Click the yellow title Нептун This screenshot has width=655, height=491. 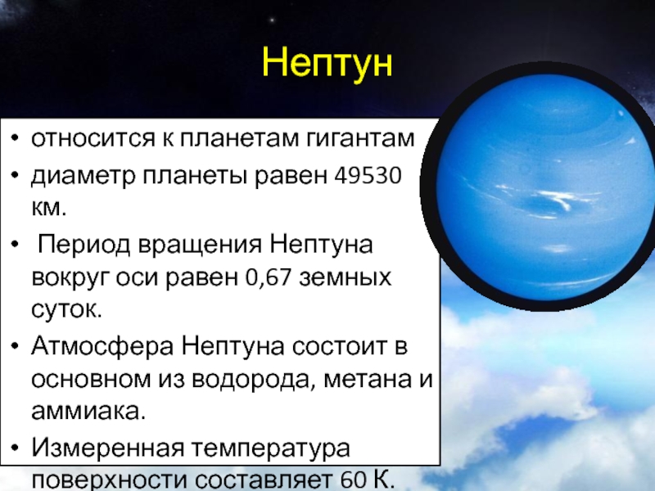[327, 63]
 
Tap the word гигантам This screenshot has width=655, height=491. [360, 138]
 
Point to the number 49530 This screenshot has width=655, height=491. [368, 175]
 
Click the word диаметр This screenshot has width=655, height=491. [84, 177]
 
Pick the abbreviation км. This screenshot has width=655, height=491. [48, 208]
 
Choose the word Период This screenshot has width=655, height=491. [84, 245]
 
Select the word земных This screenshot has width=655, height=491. [346, 277]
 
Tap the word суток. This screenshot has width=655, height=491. [66, 310]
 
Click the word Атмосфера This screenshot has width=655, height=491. [102, 346]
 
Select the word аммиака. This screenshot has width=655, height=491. [88, 412]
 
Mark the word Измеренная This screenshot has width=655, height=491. [108, 448]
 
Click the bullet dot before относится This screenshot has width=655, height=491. [15, 138]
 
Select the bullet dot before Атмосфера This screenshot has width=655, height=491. [15, 346]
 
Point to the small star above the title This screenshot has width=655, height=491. [273, 20]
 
